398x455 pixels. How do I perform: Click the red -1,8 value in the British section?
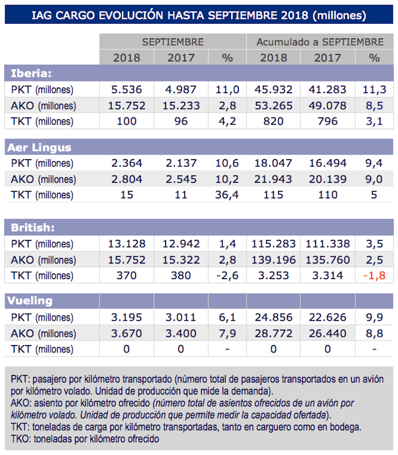[374, 275]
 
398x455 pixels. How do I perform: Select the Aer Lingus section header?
[39, 147]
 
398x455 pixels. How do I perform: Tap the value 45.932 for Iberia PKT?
[273, 90]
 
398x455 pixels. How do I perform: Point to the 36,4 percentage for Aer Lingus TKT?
[227, 195]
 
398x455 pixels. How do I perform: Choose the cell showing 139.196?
[273, 260]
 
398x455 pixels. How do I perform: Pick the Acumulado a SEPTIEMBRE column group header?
[320, 42]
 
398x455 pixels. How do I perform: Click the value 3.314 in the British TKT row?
[328, 275]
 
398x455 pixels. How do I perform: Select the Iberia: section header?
[31, 73]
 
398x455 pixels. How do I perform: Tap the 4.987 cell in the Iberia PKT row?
[181, 90]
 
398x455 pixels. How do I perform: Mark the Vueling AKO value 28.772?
[273, 333]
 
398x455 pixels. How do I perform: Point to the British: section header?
[32, 228]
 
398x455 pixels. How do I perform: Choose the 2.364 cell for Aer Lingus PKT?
[126, 163]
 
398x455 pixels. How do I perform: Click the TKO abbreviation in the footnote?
[20, 439]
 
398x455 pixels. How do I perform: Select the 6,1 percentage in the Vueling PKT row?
[227, 317]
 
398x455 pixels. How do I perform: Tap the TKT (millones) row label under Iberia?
[42, 121]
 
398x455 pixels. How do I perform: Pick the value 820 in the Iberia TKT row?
[273, 121]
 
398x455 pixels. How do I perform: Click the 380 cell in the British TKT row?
[181, 275]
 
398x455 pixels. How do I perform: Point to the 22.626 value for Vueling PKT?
[328, 317]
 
